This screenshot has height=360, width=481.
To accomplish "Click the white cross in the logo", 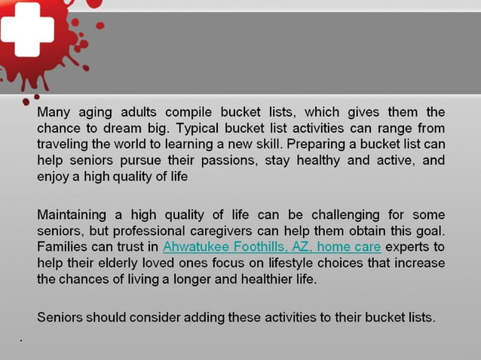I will [x=26, y=29].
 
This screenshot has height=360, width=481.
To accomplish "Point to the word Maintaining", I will [x=75, y=215].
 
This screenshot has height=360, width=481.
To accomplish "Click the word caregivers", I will [x=247, y=231].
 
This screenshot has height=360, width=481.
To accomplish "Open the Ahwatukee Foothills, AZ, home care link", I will [x=271, y=247].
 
